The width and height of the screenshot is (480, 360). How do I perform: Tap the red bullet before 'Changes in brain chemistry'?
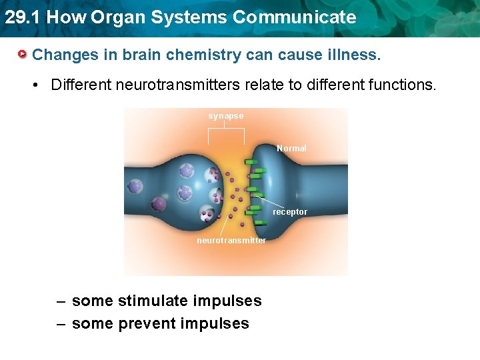[23, 54]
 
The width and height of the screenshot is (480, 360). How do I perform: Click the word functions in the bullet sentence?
[402, 85]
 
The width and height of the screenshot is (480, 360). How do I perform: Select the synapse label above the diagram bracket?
[226, 116]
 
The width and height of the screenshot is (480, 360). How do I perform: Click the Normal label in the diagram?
[291, 149]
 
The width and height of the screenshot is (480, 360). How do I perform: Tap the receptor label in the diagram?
[290, 212]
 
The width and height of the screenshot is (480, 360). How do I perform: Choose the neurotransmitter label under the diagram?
[231, 241]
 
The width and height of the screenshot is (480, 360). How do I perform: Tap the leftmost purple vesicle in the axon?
[135, 187]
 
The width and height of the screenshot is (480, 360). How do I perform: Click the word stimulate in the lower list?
[153, 301]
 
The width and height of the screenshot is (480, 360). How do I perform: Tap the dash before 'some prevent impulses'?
[61, 324]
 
